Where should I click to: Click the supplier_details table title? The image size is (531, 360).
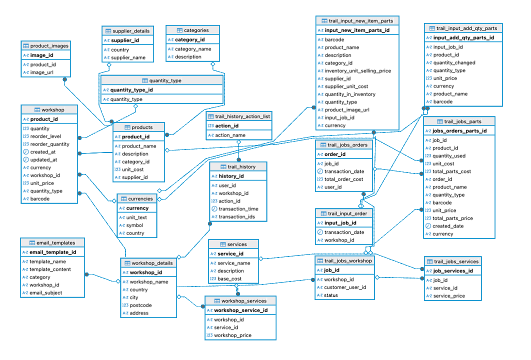click(131, 31)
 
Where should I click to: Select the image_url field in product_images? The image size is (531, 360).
click(42, 72)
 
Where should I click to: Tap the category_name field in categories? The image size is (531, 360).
click(193, 49)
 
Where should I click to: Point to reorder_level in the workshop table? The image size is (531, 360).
click(45, 136)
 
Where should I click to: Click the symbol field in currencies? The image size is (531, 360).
click(134, 225)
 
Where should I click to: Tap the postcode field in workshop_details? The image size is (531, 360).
click(140, 305)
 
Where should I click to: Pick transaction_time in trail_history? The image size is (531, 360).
click(238, 209)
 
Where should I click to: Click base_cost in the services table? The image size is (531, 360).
click(229, 279)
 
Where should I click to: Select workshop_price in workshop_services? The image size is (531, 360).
click(232, 335)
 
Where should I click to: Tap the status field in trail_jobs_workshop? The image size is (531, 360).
click(330, 295)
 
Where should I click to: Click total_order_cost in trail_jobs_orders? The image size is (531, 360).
click(343, 179)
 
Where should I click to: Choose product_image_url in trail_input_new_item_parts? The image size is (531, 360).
click(347, 110)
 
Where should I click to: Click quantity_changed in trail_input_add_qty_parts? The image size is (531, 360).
click(454, 63)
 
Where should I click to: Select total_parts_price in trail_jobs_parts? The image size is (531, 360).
click(452, 218)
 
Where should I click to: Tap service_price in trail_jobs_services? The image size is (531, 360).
click(449, 296)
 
